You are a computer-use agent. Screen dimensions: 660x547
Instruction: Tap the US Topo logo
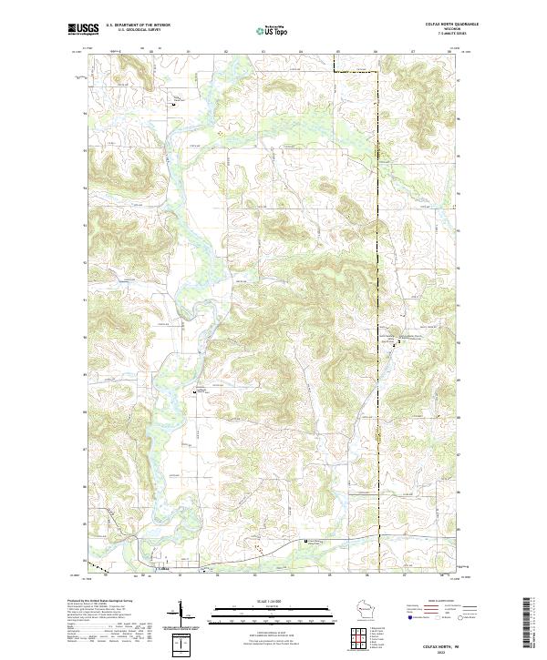(x=274, y=30)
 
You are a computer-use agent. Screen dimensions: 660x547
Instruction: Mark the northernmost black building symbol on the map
(x=174, y=106)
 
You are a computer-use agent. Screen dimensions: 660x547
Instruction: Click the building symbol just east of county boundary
(x=396, y=344)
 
